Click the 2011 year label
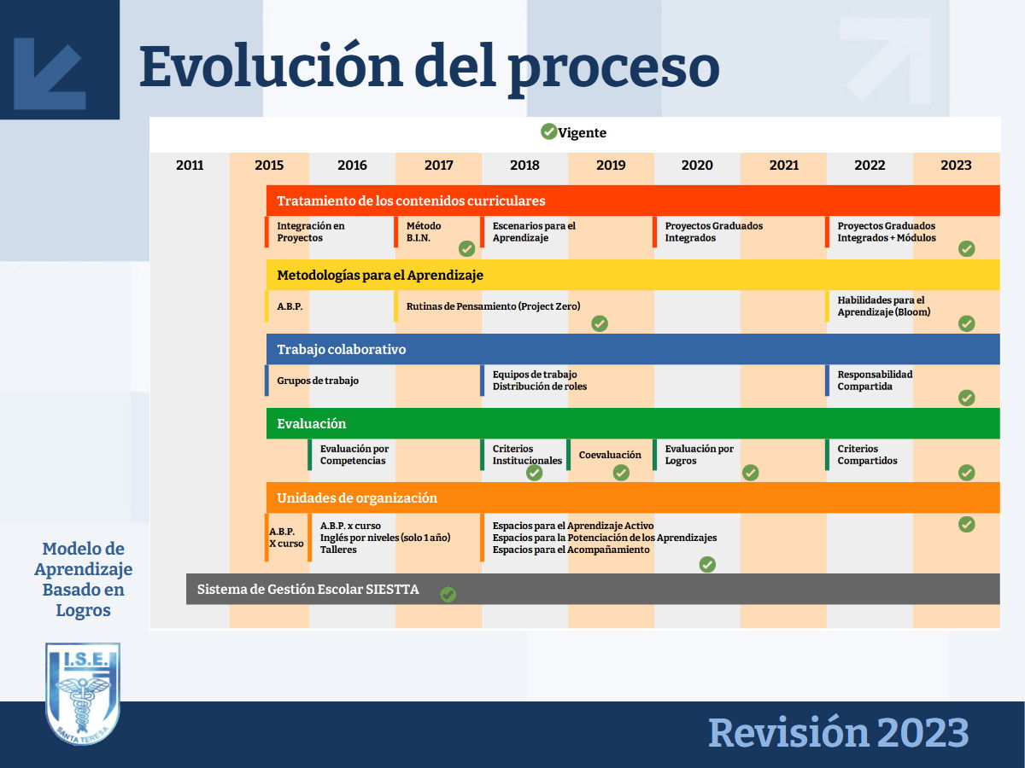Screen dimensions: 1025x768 coord(190,165)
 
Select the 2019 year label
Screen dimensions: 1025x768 coord(611,165)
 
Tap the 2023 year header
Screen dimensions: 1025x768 coord(956,165)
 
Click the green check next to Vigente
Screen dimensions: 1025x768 coord(548,131)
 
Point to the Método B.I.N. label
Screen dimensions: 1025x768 coord(424,232)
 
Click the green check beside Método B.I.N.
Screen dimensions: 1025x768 coord(466,248)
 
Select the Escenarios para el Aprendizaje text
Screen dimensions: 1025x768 coord(534,232)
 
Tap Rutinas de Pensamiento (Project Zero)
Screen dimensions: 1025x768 coord(493,306)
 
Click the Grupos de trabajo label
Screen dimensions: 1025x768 coord(318,381)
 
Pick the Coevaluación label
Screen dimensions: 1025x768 coord(610,455)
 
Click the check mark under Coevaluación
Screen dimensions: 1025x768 coord(621,473)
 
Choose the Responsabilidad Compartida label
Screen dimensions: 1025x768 coord(875,380)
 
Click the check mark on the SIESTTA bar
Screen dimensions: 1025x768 coord(448,594)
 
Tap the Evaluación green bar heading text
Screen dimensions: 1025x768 coord(312,423)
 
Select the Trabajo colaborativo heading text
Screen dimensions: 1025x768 coord(342,349)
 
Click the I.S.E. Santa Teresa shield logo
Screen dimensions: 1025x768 coord(83,694)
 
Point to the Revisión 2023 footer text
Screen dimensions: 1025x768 coord(838,733)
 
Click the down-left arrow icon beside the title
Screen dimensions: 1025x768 coord(50,73)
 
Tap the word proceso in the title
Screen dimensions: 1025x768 coord(613,70)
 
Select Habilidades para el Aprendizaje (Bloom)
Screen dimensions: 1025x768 coord(883,305)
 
